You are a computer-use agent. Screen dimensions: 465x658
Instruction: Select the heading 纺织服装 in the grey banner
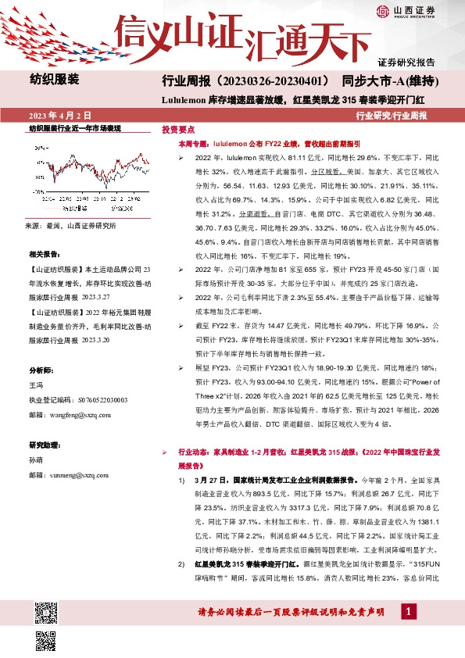[x=54, y=80]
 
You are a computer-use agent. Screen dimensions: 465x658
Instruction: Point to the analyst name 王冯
[x=35, y=385]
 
